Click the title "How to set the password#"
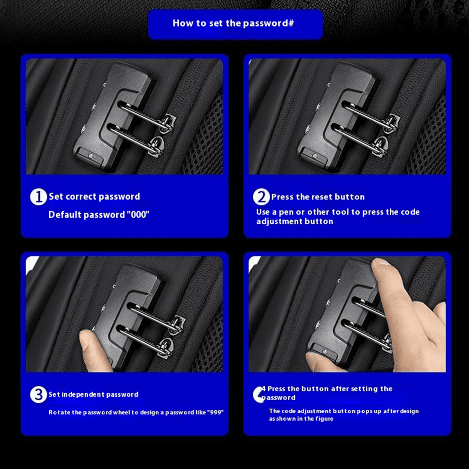pyautogui.click(x=233, y=23)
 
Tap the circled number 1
pyautogui.click(x=38, y=197)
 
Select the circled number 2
pyautogui.click(x=261, y=197)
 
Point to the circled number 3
pyautogui.click(x=38, y=394)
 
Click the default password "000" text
pyautogui.click(x=138, y=214)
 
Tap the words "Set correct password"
pyautogui.click(x=94, y=197)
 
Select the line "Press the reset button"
pyautogui.click(x=318, y=197)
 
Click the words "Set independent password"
pyautogui.click(x=93, y=394)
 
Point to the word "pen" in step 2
pyautogui.click(x=286, y=212)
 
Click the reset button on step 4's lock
pyautogui.click(x=325, y=351)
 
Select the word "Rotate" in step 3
pyautogui.click(x=57, y=412)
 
